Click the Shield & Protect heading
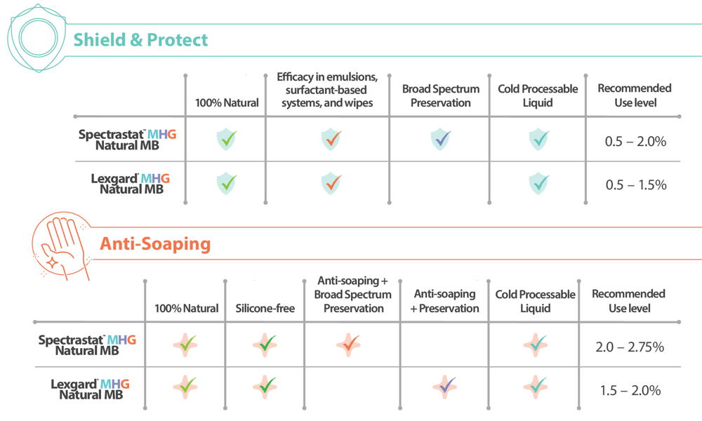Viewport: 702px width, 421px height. point(140,39)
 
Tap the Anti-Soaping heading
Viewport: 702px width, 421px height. point(155,243)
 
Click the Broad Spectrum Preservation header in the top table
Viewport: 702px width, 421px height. point(441,95)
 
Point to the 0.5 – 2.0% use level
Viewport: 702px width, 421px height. point(635,140)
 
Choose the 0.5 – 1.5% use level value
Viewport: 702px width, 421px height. point(635,185)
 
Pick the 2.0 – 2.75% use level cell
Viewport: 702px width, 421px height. point(630,346)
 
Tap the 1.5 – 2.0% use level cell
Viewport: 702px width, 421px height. point(630,390)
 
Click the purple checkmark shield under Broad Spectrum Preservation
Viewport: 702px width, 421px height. point(441,139)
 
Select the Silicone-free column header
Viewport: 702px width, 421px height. point(265,308)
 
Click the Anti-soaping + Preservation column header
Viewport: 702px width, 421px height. point(444,301)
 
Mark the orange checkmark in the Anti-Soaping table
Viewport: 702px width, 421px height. point(348,345)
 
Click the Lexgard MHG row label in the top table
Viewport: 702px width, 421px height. point(131,184)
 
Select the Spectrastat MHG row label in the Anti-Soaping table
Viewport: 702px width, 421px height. point(87,345)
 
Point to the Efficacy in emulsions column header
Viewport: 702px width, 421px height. point(327,90)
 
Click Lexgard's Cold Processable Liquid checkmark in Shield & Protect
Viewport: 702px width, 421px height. point(538,183)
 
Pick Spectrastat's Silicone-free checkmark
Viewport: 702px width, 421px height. point(265,344)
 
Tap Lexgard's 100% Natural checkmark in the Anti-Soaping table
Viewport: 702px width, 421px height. point(186,385)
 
